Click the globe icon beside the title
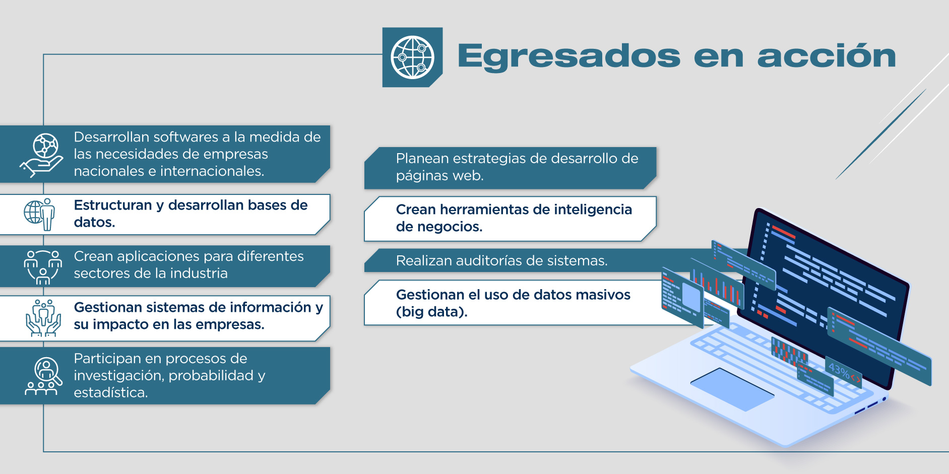pyautogui.click(x=412, y=57)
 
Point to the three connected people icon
pyautogui.click(x=43, y=266)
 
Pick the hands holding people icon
pyautogui.click(x=43, y=318)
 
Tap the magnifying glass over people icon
pyautogui.click(x=43, y=376)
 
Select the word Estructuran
pyautogui.click(x=113, y=205)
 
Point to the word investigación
pyautogui.click(x=119, y=376)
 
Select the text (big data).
pyautogui.click(x=432, y=312)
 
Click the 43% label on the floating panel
pyautogui.click(x=839, y=371)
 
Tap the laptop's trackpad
pyautogui.click(x=732, y=388)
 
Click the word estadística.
pyautogui.click(x=111, y=392)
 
